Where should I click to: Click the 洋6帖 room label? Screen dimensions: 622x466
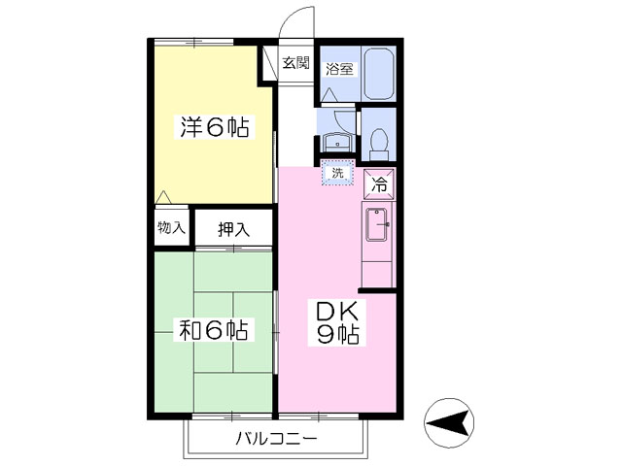coord(215,127)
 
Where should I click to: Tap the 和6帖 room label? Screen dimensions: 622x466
coord(214,330)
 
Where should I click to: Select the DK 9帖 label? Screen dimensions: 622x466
coord(337,322)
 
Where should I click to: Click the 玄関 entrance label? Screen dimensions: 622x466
coord(295,62)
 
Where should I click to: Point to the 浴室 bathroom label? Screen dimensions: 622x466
coord(339,69)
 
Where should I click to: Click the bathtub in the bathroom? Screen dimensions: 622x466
coord(379,74)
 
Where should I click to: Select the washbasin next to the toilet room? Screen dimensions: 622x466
coord(337,142)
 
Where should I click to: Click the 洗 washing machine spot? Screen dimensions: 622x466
coord(337,173)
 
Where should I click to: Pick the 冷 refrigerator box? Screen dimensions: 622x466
coord(380,184)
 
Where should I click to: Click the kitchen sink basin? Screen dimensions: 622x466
coord(376,224)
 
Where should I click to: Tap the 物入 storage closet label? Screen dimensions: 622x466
coord(171,227)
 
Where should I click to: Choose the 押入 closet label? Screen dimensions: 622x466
coord(233,229)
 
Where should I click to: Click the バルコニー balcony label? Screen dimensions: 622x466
coord(276,439)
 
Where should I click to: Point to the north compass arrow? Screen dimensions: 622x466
coord(449,423)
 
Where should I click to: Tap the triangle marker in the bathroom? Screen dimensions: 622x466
coord(328,95)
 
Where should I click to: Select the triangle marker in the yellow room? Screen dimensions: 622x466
coord(163,197)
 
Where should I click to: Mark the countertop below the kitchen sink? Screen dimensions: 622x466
coord(377,274)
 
